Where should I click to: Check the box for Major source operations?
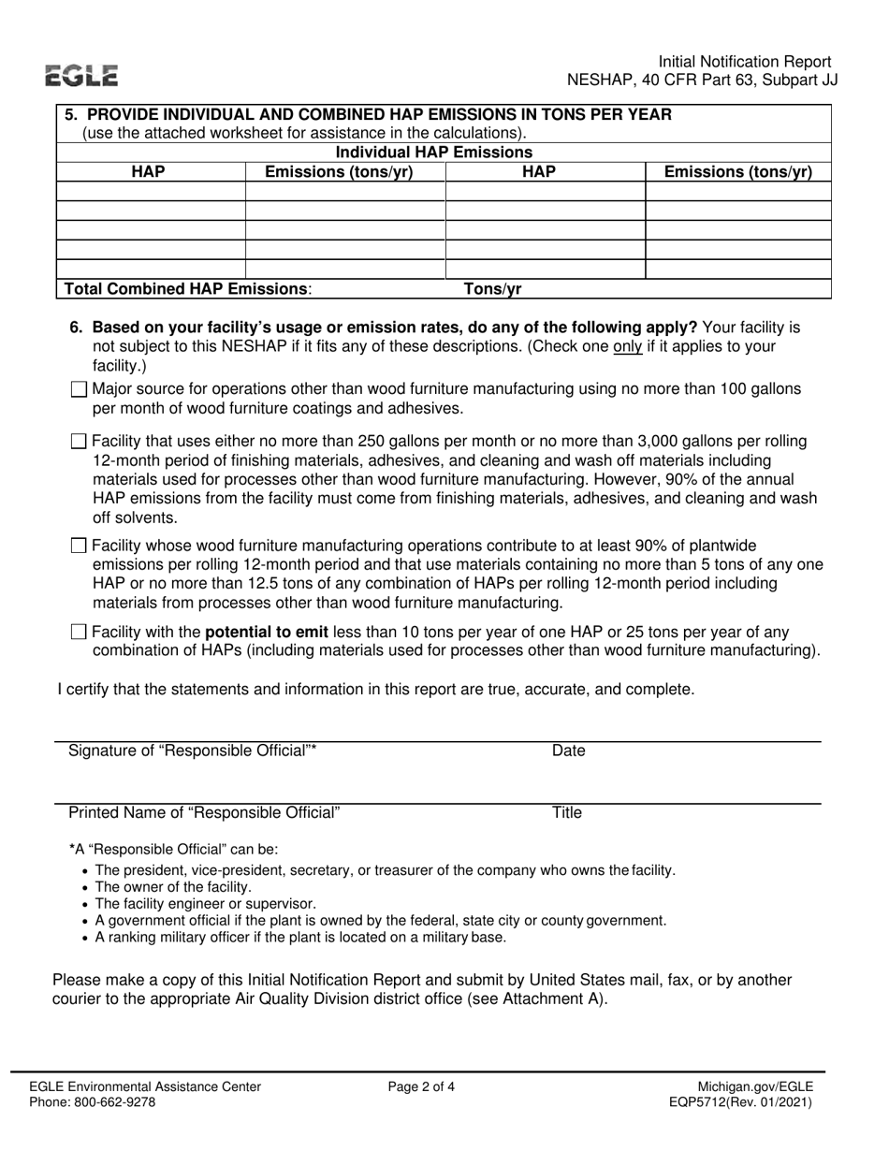click(x=79, y=389)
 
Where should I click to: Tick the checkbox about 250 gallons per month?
click(x=79, y=442)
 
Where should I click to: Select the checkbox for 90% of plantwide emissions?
click(x=79, y=546)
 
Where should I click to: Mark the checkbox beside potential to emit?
click(x=79, y=632)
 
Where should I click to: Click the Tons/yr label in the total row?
click(x=493, y=289)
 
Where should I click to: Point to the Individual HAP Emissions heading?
click(x=434, y=153)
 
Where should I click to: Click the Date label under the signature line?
click(x=568, y=750)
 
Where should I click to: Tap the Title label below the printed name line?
click(x=567, y=813)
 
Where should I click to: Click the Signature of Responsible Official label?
click(x=193, y=750)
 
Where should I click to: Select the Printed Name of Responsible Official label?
click(x=205, y=813)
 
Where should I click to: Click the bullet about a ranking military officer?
click(x=300, y=938)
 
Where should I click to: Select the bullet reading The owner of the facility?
click(x=173, y=887)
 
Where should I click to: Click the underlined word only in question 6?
click(x=627, y=346)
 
